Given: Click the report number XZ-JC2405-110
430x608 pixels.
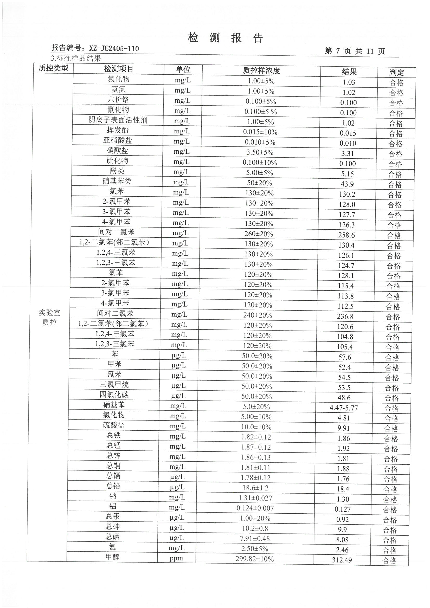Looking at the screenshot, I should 114,48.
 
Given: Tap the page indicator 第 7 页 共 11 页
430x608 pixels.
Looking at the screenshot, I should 355,51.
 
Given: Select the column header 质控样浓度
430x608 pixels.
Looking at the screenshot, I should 261,70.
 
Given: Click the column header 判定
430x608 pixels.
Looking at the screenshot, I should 397,72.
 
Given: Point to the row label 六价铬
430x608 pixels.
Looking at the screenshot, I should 118,99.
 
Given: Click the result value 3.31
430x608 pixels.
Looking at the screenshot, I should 348,154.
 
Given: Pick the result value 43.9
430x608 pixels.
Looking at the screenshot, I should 347,184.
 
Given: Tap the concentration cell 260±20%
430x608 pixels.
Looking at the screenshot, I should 259,234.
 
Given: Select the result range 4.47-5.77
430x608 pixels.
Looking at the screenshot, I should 344,408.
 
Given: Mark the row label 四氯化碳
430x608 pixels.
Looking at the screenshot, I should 114,395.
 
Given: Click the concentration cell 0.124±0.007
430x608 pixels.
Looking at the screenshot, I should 255,508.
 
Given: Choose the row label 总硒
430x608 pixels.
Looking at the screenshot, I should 113,537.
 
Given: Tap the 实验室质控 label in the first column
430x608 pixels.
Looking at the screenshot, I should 49,318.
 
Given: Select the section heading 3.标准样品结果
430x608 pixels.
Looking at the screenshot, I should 76,58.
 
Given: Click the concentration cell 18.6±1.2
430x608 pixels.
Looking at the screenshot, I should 255,488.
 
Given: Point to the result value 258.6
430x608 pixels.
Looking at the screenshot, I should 346,235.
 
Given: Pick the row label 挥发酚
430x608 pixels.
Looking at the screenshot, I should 118,130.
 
